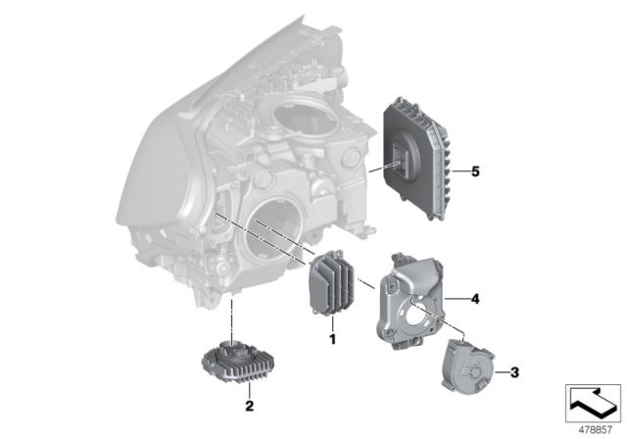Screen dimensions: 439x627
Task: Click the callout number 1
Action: (332, 340)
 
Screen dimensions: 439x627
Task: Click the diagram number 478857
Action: (590, 427)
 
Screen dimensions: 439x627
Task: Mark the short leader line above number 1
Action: (332, 323)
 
